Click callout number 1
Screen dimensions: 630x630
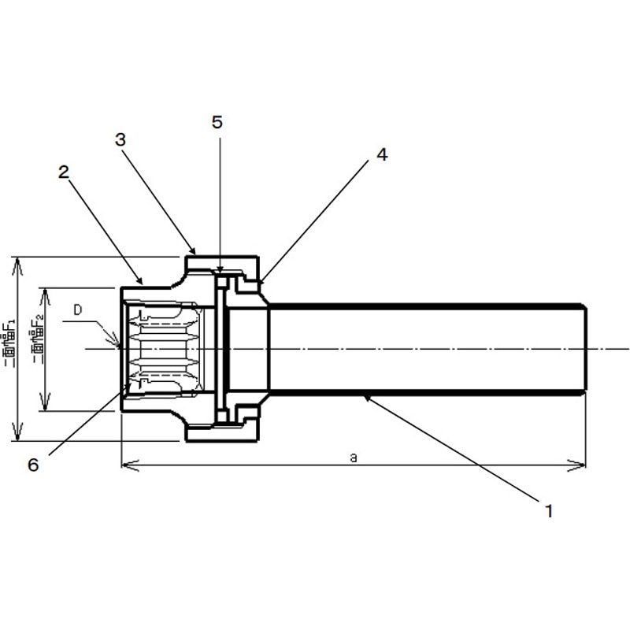coord(549,510)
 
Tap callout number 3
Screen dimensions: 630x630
coord(120,139)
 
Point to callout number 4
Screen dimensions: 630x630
coord(381,155)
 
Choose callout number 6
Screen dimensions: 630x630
coord(33,465)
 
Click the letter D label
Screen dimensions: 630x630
coord(78,310)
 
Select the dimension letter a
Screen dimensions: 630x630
coord(354,458)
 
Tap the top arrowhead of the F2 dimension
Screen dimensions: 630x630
coord(45,290)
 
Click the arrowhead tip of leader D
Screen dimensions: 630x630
coord(120,346)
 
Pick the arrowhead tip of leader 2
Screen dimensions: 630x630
coord(143,283)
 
